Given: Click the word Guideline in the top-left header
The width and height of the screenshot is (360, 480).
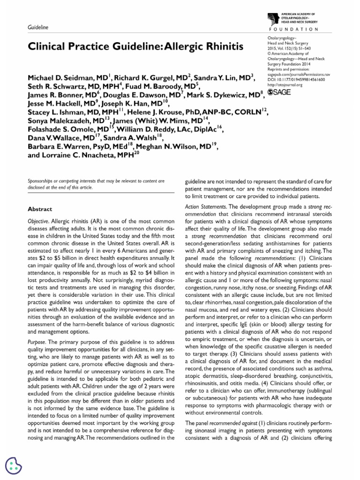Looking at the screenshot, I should click(38, 28).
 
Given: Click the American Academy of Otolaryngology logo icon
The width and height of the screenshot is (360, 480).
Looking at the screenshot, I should click(273, 20).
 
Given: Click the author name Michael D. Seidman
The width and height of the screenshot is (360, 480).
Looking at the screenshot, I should click(67, 77).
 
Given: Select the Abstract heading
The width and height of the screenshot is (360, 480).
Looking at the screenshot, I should click(40, 209).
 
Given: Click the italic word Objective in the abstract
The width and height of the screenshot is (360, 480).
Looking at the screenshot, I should click(38, 220).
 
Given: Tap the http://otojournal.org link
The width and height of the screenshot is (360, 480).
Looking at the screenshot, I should click(285, 85).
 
